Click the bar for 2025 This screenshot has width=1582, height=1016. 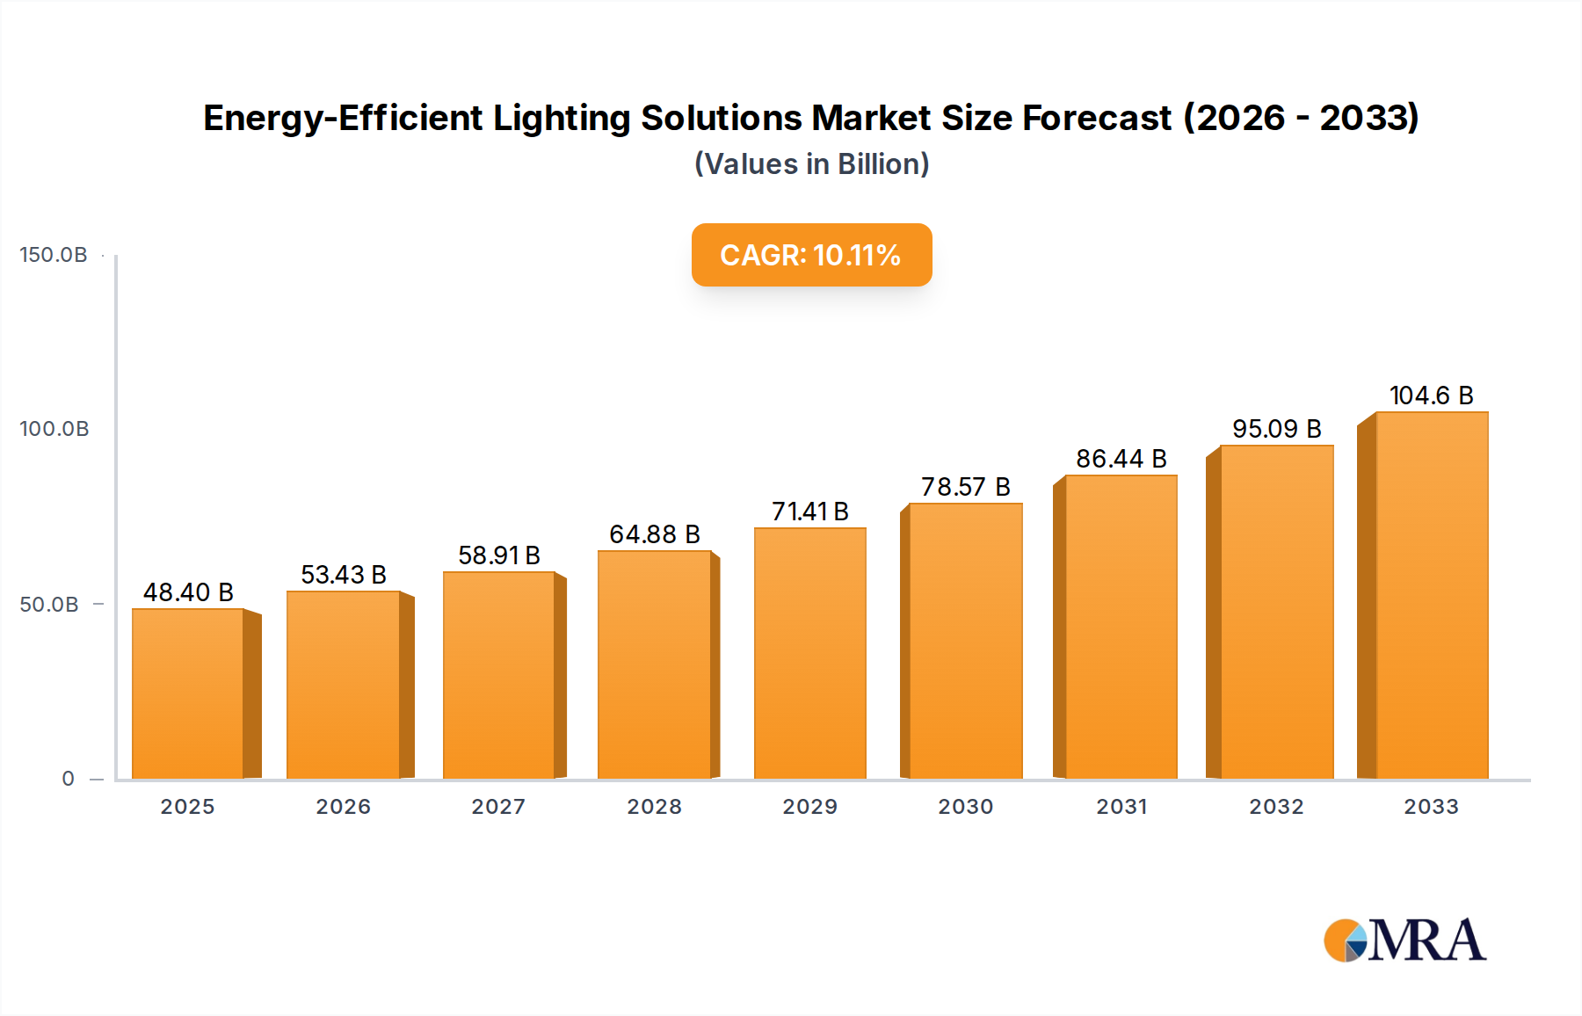188,694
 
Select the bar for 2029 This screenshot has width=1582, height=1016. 809,654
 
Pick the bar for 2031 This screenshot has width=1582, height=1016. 1121,628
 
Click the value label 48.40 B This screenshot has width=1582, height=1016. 188,592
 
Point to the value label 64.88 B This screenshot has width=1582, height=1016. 655,534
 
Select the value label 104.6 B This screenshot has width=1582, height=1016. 1431,396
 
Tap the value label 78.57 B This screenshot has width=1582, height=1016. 965,487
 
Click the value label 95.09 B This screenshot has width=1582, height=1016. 1276,429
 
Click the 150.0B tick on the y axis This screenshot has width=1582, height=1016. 54,255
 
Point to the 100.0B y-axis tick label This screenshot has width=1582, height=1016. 54,429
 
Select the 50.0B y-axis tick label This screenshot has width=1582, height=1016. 49,605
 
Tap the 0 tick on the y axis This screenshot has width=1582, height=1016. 69,779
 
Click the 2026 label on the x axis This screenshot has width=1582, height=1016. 343,807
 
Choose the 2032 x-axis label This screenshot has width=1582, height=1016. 1276,807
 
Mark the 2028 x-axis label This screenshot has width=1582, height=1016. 654,807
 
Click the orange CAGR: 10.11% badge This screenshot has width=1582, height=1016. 811,255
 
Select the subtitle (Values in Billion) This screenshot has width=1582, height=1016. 811,164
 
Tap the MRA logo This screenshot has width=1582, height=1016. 1404,940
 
